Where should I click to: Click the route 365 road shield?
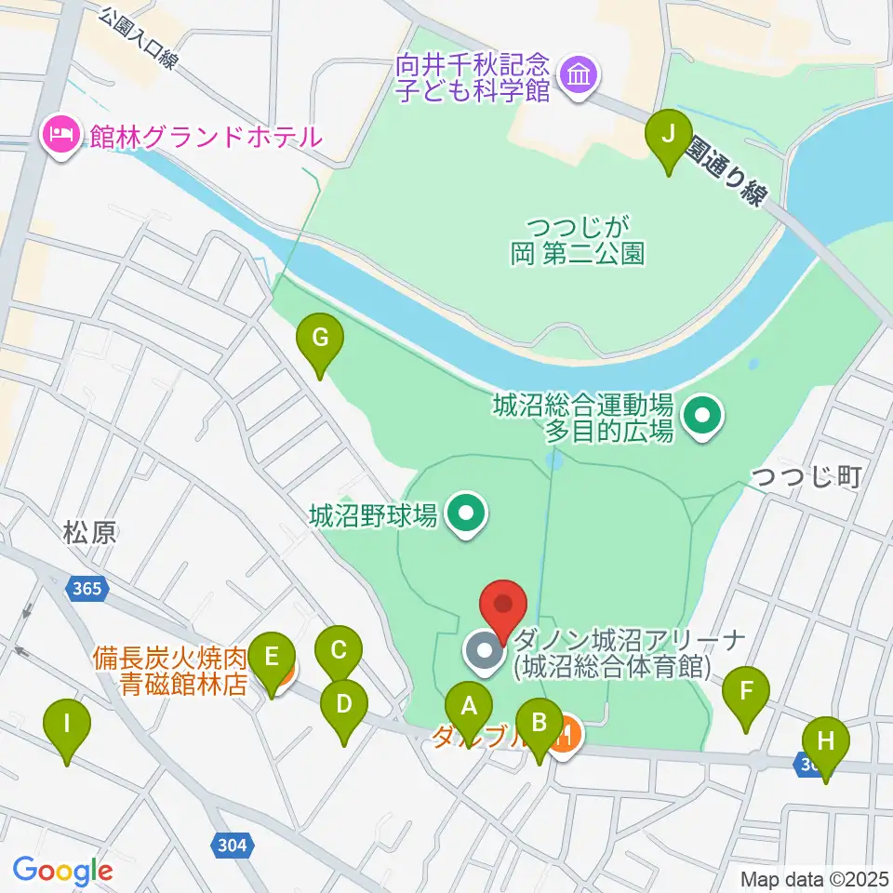click(88, 589)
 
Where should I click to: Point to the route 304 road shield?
click(233, 845)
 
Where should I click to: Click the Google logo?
click(61, 871)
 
